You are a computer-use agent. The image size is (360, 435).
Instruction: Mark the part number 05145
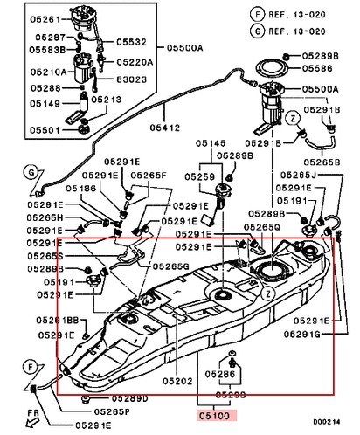(x=209, y=142)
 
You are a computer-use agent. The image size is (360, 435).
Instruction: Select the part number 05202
(x=177, y=381)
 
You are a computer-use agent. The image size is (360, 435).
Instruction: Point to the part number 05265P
(x=107, y=410)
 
